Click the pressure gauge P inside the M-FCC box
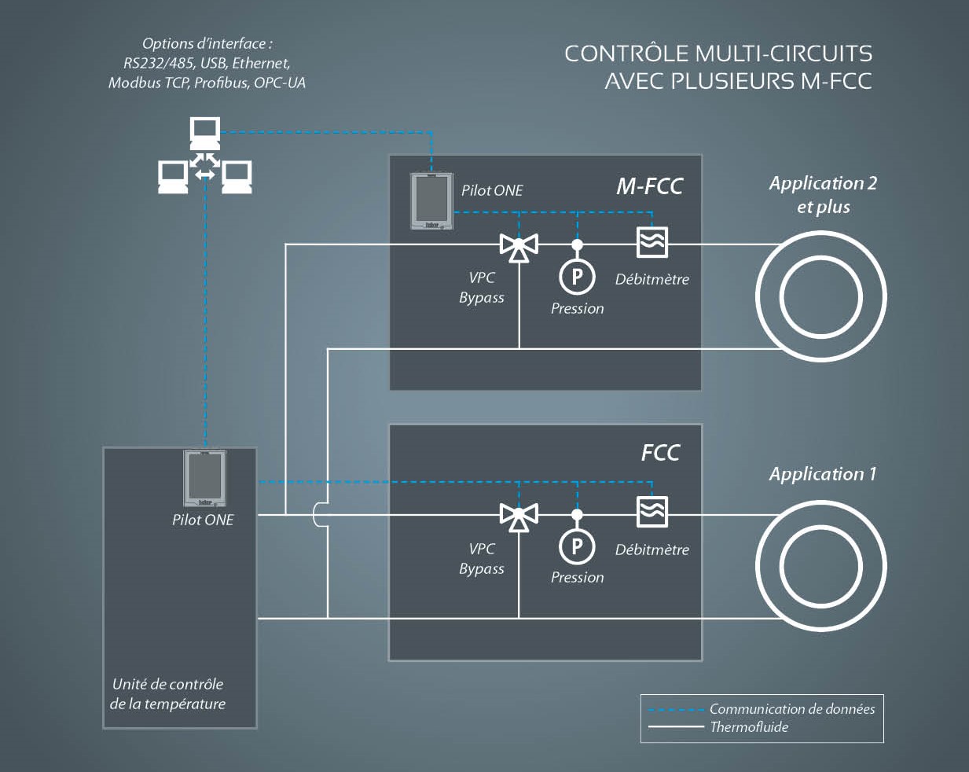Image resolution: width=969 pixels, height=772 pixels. [x=577, y=276]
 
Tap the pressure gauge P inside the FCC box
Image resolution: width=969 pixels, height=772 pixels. [x=577, y=546]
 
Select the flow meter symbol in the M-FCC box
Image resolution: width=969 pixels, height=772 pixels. [x=652, y=242]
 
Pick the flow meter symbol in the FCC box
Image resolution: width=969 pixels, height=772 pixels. [x=652, y=512]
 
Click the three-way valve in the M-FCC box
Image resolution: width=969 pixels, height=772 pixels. [x=519, y=248]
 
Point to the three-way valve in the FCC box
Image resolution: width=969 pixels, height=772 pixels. [x=519, y=517]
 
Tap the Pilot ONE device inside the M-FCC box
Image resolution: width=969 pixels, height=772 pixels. [x=431, y=201]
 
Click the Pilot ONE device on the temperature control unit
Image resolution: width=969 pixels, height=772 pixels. [x=205, y=478]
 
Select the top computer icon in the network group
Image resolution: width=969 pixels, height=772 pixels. [x=205, y=134]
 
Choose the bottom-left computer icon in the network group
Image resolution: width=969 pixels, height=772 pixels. [x=173, y=178]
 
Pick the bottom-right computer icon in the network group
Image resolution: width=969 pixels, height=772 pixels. [x=237, y=178]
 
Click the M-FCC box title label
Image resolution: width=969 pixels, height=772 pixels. [x=649, y=186]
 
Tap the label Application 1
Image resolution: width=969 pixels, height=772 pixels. [x=823, y=474]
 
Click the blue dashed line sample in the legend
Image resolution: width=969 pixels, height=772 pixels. [x=675, y=710]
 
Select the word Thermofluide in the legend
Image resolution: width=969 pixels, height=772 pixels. [x=749, y=727]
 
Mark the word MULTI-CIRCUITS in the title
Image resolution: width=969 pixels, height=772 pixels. [x=784, y=53]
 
